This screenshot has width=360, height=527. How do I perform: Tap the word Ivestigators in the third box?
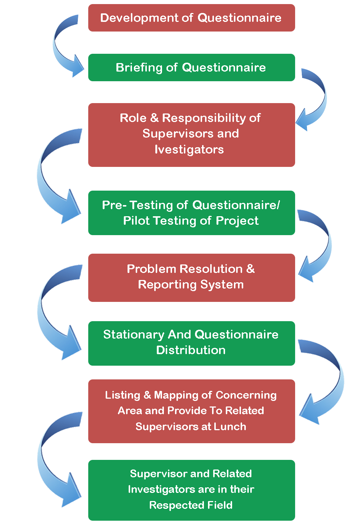pyautogui.click(x=189, y=149)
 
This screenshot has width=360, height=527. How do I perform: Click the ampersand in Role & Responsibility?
pyautogui.click(x=155, y=118)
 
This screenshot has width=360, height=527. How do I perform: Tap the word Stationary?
pyautogui.click(x=134, y=335)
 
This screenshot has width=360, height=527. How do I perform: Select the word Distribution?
pyautogui.click(x=191, y=350)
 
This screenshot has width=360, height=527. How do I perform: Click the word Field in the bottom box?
pyautogui.click(x=219, y=505)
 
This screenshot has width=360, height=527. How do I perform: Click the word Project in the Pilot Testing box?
pyautogui.click(x=237, y=221)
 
